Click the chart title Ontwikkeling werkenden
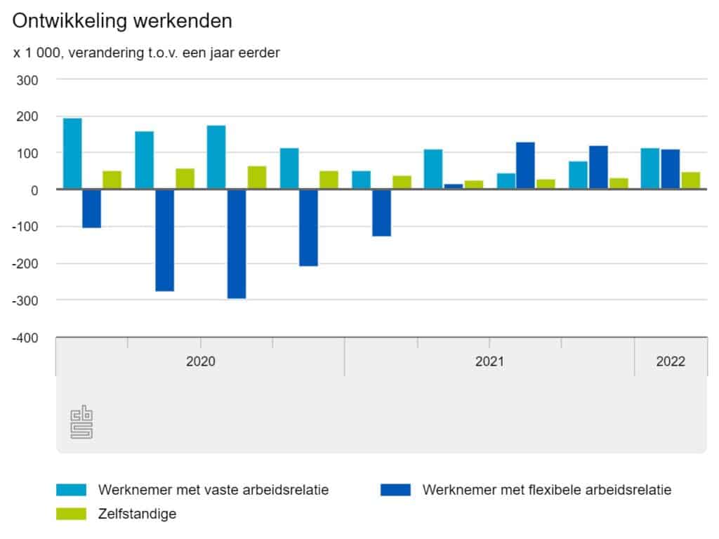tap(122, 21)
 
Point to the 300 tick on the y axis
tap(27, 79)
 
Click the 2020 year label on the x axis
tap(200, 362)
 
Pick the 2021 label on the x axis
tap(489, 362)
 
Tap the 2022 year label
tap(671, 362)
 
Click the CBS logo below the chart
tap(81, 422)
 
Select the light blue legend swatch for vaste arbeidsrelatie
tap(71, 490)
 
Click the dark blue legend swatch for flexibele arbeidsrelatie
tap(395, 490)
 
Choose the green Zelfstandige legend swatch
tap(71, 514)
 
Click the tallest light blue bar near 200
tap(72, 154)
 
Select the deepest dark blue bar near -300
tap(237, 244)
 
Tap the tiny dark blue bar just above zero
tap(454, 187)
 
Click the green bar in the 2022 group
tap(690, 180)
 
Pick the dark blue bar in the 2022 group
tap(671, 169)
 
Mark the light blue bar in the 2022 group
tap(650, 168)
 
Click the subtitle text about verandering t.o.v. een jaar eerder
tap(147, 53)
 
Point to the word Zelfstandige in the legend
tap(138, 514)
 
